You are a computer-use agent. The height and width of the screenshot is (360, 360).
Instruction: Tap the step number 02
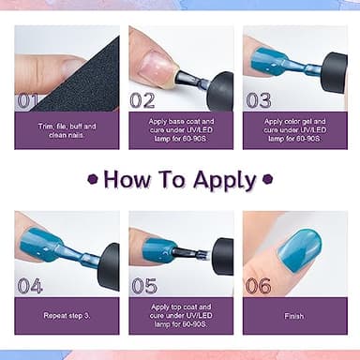(142, 100)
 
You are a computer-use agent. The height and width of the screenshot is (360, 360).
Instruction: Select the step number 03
(258, 100)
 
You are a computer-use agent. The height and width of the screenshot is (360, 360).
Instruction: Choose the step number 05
(143, 286)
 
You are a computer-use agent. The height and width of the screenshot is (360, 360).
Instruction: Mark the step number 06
(258, 286)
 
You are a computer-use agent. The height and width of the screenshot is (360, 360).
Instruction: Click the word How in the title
(129, 179)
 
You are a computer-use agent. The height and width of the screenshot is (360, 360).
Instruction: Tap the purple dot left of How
(93, 179)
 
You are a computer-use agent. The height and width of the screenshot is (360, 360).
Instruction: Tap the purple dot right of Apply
(267, 179)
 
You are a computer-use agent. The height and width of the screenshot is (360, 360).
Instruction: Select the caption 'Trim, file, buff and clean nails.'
(67, 129)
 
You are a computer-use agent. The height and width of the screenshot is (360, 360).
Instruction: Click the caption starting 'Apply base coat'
(181, 129)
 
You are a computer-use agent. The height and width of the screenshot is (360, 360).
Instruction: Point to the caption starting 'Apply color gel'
(293, 129)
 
